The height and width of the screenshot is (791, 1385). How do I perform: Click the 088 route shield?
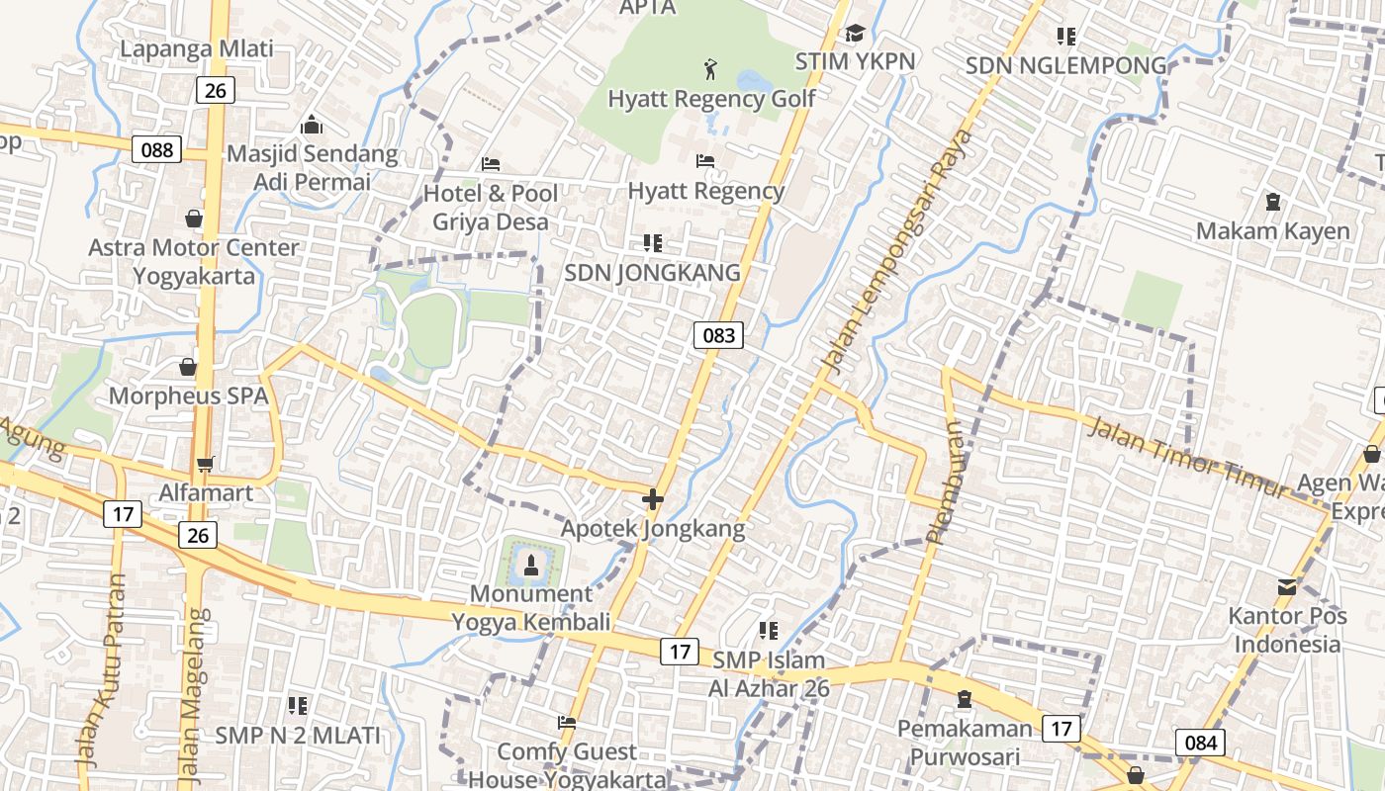(156, 149)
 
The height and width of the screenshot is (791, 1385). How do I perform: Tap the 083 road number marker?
(718, 335)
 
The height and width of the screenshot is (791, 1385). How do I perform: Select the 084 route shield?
(1200, 743)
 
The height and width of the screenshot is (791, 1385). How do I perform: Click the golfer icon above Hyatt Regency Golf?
(710, 69)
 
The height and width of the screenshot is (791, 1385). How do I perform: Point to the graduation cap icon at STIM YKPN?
(855, 34)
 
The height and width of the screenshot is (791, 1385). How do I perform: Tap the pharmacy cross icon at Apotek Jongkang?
(652, 499)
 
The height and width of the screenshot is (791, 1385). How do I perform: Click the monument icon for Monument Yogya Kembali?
(531, 565)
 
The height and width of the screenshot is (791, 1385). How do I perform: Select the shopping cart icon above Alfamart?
(206, 463)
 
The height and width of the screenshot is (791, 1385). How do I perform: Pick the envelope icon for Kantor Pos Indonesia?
(1286, 587)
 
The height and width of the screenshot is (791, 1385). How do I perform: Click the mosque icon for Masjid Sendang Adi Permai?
(312, 125)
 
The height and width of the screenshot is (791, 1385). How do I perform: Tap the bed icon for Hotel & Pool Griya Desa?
(491, 163)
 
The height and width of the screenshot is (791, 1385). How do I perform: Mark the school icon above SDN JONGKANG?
(652, 242)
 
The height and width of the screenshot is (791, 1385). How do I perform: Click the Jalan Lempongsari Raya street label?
(895, 252)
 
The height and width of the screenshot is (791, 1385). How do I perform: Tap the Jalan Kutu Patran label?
(102, 672)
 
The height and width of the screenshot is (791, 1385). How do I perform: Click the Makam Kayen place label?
(1272, 231)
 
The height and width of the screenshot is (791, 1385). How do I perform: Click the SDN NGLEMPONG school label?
(1065, 66)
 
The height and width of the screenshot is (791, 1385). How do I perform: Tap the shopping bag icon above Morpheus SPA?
(188, 368)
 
